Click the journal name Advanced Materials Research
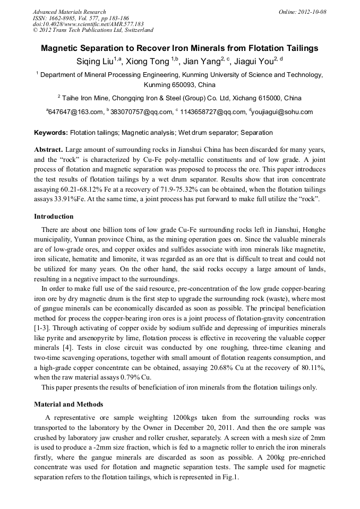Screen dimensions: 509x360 69,12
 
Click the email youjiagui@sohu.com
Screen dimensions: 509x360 282,112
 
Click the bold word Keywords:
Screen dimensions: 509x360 51,132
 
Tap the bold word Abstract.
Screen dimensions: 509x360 48,150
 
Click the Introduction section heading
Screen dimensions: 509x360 54,217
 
